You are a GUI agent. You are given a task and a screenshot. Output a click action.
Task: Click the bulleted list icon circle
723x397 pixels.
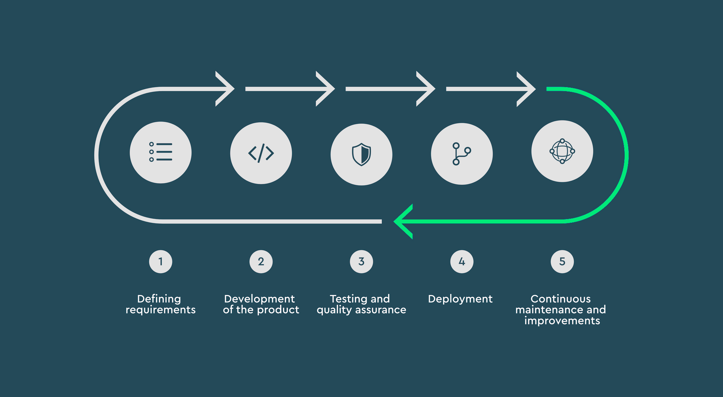(x=161, y=153)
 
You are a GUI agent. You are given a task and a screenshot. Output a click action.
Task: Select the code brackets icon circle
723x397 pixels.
(x=261, y=153)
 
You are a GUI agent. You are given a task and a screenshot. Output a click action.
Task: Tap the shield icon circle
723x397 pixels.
(x=361, y=155)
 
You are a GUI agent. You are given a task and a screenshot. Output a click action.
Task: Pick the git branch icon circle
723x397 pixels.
(x=462, y=154)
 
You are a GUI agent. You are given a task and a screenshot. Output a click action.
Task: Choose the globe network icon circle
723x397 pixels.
(x=562, y=151)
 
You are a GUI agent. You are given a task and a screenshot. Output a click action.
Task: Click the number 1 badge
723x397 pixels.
(x=161, y=261)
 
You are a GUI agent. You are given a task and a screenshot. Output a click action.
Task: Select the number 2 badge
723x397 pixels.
(x=261, y=261)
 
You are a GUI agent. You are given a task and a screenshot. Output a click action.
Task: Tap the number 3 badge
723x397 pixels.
(x=361, y=261)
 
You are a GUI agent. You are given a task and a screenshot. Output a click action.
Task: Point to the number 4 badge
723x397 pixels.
(x=462, y=261)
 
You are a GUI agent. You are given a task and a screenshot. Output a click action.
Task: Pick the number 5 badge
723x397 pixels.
(x=562, y=261)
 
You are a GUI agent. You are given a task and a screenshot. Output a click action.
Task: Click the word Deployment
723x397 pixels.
(x=460, y=299)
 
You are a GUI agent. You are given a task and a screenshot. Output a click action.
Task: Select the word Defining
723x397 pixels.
(x=159, y=299)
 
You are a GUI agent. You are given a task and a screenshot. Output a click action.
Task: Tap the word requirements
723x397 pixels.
(x=161, y=310)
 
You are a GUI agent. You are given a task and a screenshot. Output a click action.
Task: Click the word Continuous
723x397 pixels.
(x=561, y=299)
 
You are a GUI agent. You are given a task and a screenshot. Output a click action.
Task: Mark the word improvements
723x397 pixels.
(x=562, y=321)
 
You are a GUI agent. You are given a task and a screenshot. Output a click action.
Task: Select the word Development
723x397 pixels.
(x=260, y=299)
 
